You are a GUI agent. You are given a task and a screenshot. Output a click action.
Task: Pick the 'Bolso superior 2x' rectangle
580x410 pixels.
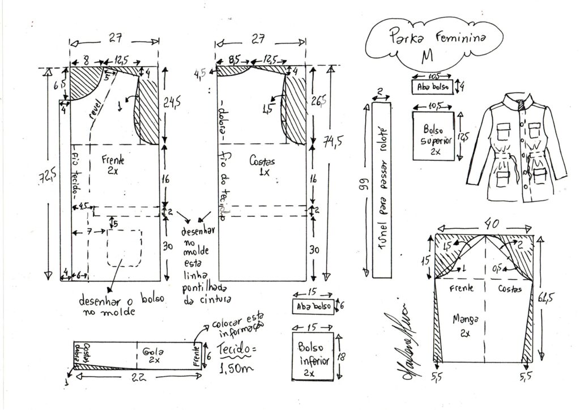(433, 136)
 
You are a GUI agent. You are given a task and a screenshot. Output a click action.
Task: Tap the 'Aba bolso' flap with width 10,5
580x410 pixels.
(433, 87)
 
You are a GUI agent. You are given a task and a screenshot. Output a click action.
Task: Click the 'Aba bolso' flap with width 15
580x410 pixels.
(312, 306)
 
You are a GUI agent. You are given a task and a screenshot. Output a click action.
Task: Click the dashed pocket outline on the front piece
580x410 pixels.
(125, 247)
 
